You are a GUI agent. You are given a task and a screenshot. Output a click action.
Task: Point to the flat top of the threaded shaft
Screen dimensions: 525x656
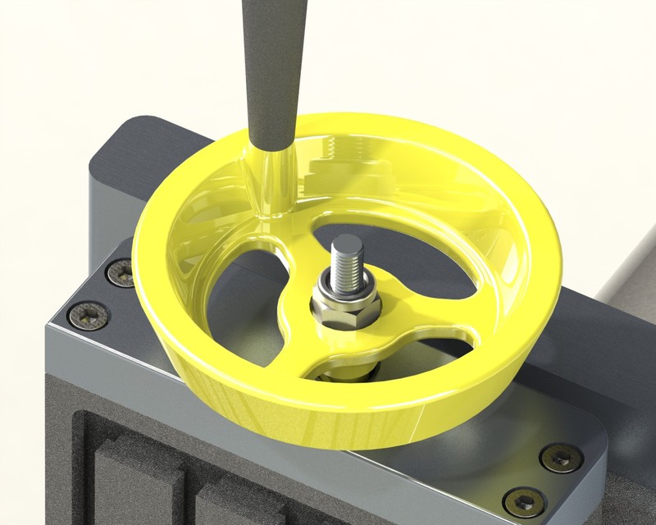[x=346, y=242]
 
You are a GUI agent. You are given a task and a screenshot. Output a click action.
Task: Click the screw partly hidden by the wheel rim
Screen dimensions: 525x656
[x=121, y=273]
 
